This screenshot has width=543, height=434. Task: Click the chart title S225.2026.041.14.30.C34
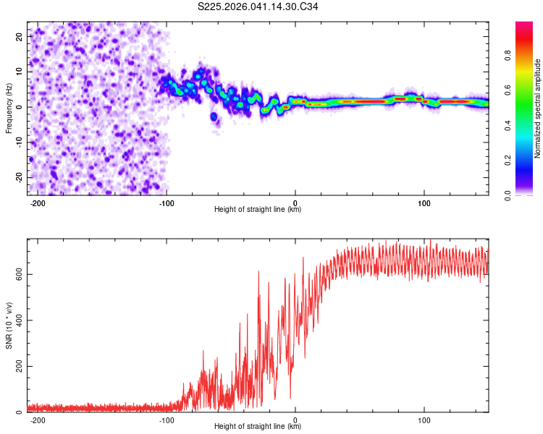[258, 7]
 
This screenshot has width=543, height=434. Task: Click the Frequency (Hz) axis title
[9, 107]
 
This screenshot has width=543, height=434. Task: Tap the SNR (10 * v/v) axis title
[9, 325]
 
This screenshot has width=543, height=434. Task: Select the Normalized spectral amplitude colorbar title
[537, 109]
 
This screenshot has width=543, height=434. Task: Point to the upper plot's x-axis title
[258, 210]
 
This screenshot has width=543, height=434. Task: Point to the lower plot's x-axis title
[258, 427]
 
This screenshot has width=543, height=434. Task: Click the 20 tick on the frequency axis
[19, 36]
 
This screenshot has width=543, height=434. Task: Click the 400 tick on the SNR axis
[16, 320]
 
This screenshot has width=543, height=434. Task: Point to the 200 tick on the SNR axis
[16, 367]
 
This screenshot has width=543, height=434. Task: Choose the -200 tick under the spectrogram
[38, 203]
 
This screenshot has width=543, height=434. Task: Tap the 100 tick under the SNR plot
[424, 420]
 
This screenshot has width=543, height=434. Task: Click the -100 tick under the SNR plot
[167, 420]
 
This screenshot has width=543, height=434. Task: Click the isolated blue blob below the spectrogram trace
[214, 116]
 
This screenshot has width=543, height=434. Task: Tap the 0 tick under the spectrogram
[295, 203]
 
